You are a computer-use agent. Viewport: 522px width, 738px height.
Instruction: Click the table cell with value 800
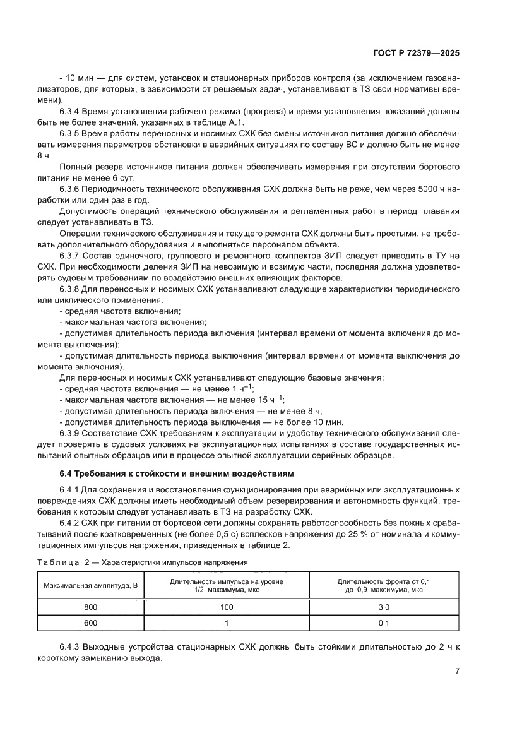[x=92, y=607]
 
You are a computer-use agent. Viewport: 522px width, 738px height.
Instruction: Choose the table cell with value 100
[x=227, y=607]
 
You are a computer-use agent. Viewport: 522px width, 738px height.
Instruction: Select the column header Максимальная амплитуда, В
[x=91, y=586]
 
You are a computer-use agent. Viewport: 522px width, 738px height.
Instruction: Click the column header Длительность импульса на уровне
[x=227, y=586]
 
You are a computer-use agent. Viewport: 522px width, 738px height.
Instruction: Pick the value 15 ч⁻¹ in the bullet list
[x=270, y=400]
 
